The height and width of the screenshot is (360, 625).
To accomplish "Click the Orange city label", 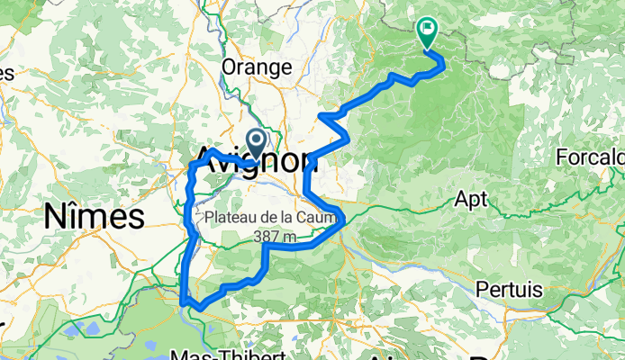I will pyautogui.click(x=257, y=67).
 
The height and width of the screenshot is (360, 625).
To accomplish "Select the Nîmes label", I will pyautogui.click(x=94, y=216).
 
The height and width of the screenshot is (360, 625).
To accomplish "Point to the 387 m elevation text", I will pyautogui.click(x=276, y=237).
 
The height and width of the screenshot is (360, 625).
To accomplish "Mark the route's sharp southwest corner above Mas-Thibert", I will pyautogui.click(x=183, y=302).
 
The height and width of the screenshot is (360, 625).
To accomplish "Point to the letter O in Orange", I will pyautogui.click(x=230, y=67).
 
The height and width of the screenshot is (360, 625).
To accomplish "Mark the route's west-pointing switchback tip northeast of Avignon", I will pyautogui.click(x=321, y=115).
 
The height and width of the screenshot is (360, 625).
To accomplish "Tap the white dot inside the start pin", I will pyautogui.click(x=255, y=139).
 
